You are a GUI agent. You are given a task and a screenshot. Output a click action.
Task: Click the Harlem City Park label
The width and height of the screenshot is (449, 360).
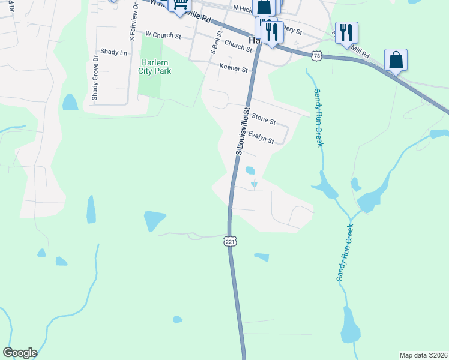155,67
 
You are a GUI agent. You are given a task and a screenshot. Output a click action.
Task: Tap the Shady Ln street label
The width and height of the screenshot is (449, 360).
114,53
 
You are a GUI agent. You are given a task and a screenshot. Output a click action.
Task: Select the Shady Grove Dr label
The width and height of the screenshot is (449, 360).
95,78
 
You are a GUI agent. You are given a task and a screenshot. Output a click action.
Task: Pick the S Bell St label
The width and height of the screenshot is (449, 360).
213,40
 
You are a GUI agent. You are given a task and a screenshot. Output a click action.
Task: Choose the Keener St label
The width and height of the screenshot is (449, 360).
234,68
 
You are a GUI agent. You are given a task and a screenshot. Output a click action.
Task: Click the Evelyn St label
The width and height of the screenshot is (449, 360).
261,137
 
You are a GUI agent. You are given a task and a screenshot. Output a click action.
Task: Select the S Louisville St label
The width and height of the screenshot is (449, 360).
243,133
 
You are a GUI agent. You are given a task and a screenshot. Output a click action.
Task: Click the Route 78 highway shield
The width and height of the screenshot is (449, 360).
317,56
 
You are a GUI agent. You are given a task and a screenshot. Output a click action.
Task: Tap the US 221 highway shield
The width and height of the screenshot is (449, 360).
230,241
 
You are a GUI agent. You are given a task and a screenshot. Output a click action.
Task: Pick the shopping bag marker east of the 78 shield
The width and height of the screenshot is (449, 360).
396,60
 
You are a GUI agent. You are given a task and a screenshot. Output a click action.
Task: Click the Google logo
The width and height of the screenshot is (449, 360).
20,353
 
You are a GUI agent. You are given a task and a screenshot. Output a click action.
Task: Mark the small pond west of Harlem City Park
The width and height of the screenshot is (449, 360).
70,102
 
